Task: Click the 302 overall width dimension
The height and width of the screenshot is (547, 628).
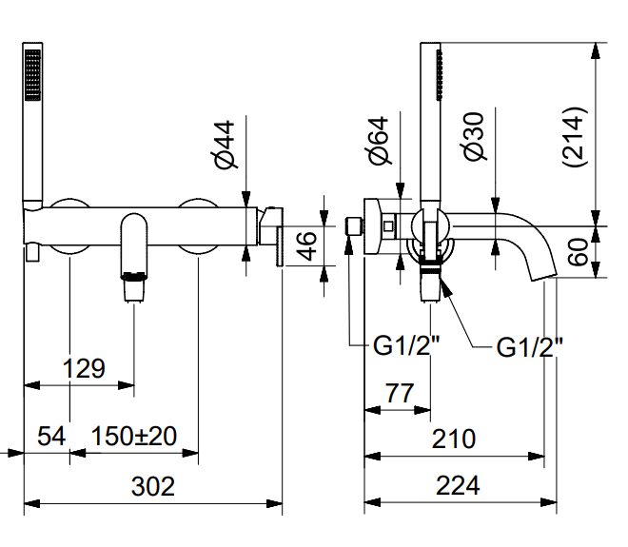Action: [x=152, y=486]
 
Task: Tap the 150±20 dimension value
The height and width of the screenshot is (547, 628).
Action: [x=134, y=437]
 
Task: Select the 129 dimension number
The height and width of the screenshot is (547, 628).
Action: [x=84, y=368]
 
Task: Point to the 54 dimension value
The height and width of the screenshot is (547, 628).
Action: [x=51, y=437]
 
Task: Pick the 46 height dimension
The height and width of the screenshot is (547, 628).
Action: [x=305, y=245]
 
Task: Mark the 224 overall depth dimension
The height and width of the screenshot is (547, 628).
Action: [x=458, y=486]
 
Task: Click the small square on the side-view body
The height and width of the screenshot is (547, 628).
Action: [x=388, y=225]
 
